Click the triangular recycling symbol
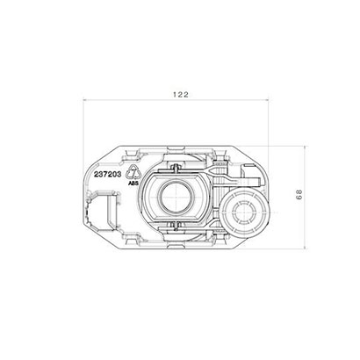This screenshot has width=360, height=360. (133, 173)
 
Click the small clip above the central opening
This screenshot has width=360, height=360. (177, 167)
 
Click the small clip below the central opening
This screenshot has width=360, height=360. (177, 229)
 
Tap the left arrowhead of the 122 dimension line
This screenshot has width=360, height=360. (85, 102)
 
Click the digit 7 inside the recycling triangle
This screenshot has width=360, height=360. (133, 174)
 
